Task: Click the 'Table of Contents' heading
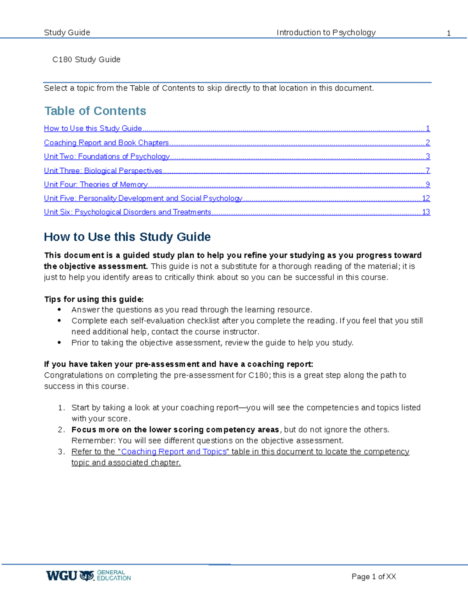(95, 111)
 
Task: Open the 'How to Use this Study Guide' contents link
(93, 129)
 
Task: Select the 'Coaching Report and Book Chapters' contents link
(106, 143)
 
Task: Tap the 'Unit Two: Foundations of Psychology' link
(106, 157)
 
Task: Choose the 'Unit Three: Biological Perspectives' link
(103, 171)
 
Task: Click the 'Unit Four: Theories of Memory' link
(96, 185)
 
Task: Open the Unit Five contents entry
(143, 198)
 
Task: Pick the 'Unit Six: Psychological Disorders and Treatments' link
(128, 212)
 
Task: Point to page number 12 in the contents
(426, 198)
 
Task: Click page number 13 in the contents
(426, 212)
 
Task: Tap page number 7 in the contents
(428, 171)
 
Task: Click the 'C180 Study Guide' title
(86, 60)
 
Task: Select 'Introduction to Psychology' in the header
(326, 33)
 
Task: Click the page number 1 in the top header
(448, 34)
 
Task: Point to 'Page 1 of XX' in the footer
(374, 577)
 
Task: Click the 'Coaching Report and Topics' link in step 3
(174, 452)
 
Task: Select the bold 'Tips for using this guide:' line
(94, 299)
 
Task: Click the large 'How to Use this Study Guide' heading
(127, 237)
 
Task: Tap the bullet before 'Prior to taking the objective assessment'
(59, 342)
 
